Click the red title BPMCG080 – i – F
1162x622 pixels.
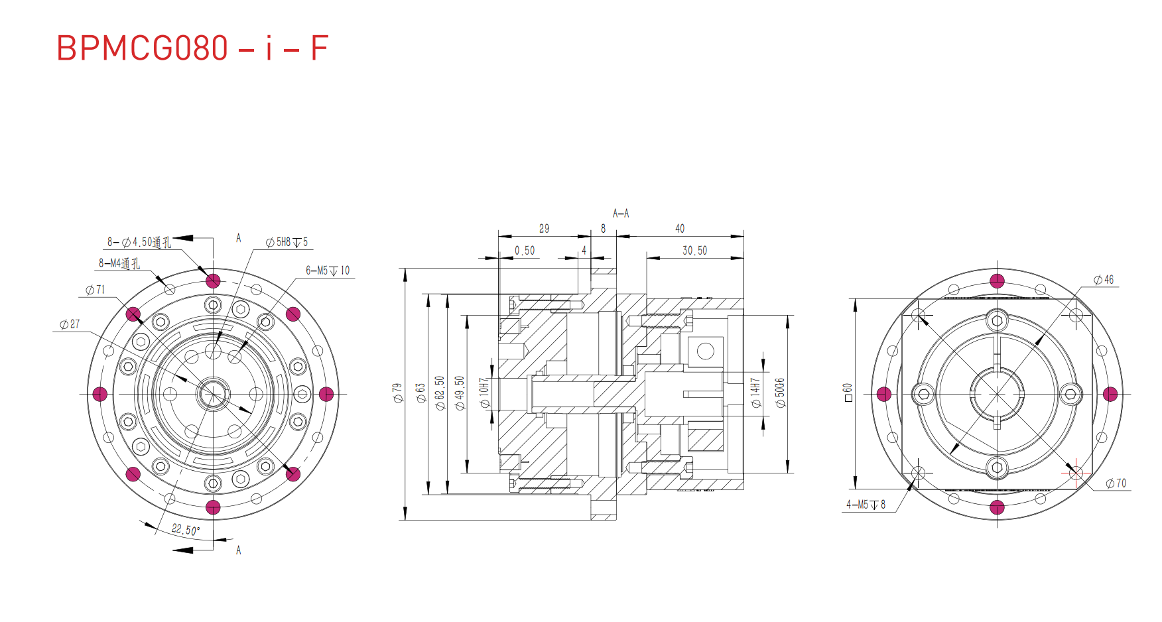point(192,48)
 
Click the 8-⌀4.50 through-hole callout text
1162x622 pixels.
point(139,242)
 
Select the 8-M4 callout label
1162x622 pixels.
point(119,263)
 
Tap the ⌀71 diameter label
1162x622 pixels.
point(96,290)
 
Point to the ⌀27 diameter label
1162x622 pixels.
point(70,324)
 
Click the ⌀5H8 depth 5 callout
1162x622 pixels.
point(287,242)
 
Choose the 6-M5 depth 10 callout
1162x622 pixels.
point(328,271)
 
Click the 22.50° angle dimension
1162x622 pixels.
point(185,529)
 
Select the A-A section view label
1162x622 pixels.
point(621,214)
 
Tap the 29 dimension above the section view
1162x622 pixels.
point(544,229)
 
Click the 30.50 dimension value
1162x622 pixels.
point(694,251)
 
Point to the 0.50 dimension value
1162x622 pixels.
point(525,251)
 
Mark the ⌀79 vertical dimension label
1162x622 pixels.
point(397,393)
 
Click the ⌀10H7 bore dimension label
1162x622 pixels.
point(485,393)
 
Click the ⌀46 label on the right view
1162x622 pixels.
point(1104,280)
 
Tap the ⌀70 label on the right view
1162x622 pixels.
point(1116,483)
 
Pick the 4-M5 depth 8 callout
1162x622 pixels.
point(866,505)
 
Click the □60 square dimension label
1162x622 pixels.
point(848,393)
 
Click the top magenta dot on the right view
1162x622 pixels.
point(997,280)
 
